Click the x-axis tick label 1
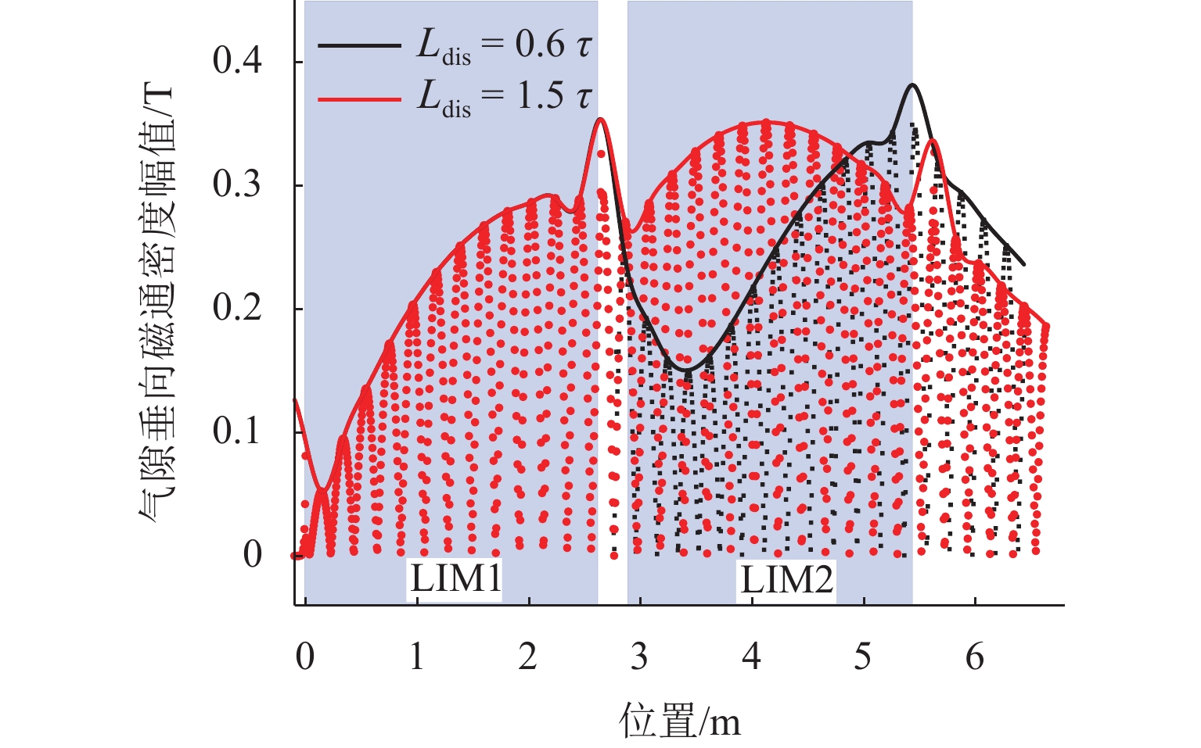(416, 657)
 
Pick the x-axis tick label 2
(528, 657)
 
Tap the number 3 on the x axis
(639, 657)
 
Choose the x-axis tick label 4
(751, 657)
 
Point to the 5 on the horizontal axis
(862, 657)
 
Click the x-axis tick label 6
(974, 657)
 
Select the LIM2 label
(786, 580)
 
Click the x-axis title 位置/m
(679, 720)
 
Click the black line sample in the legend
(359, 46)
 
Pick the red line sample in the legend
(359, 98)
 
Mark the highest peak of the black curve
(912, 84)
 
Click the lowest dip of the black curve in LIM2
(686, 370)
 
